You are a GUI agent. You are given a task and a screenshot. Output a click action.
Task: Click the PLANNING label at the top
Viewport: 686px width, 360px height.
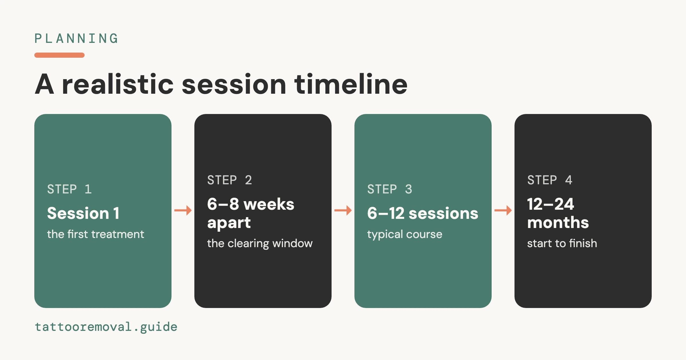[76, 39]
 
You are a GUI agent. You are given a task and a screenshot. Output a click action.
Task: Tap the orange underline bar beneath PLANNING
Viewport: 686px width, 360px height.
[59, 55]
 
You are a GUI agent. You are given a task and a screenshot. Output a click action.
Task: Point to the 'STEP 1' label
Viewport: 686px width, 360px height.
[69, 189]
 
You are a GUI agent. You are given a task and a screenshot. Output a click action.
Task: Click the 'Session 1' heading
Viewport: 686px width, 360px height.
[83, 213]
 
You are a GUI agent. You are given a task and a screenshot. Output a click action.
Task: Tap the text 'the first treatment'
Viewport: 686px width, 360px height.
[95, 234]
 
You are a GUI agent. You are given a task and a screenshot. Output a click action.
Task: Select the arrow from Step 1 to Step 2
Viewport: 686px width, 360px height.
[183, 211]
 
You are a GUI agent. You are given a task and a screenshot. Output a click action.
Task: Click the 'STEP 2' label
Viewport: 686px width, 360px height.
[230, 180]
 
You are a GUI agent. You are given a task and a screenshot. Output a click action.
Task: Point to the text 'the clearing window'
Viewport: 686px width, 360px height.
[260, 243]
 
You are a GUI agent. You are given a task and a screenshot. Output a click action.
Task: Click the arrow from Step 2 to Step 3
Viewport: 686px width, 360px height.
[343, 211]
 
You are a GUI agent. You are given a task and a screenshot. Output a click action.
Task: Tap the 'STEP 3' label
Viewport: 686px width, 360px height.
[390, 189]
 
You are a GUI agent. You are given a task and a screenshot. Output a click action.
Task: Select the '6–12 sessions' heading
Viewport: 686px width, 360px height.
[423, 213]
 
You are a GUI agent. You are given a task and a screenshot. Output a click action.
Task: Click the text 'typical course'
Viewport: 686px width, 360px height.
[405, 235]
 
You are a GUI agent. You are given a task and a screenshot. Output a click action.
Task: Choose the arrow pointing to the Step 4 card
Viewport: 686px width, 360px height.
[503, 211]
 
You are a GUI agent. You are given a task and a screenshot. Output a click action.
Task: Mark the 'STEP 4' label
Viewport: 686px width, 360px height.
[550, 180]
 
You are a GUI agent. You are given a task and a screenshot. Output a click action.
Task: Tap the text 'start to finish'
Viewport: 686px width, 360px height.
[562, 243]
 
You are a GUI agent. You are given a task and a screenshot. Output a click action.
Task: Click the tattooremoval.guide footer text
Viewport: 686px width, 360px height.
[106, 327]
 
